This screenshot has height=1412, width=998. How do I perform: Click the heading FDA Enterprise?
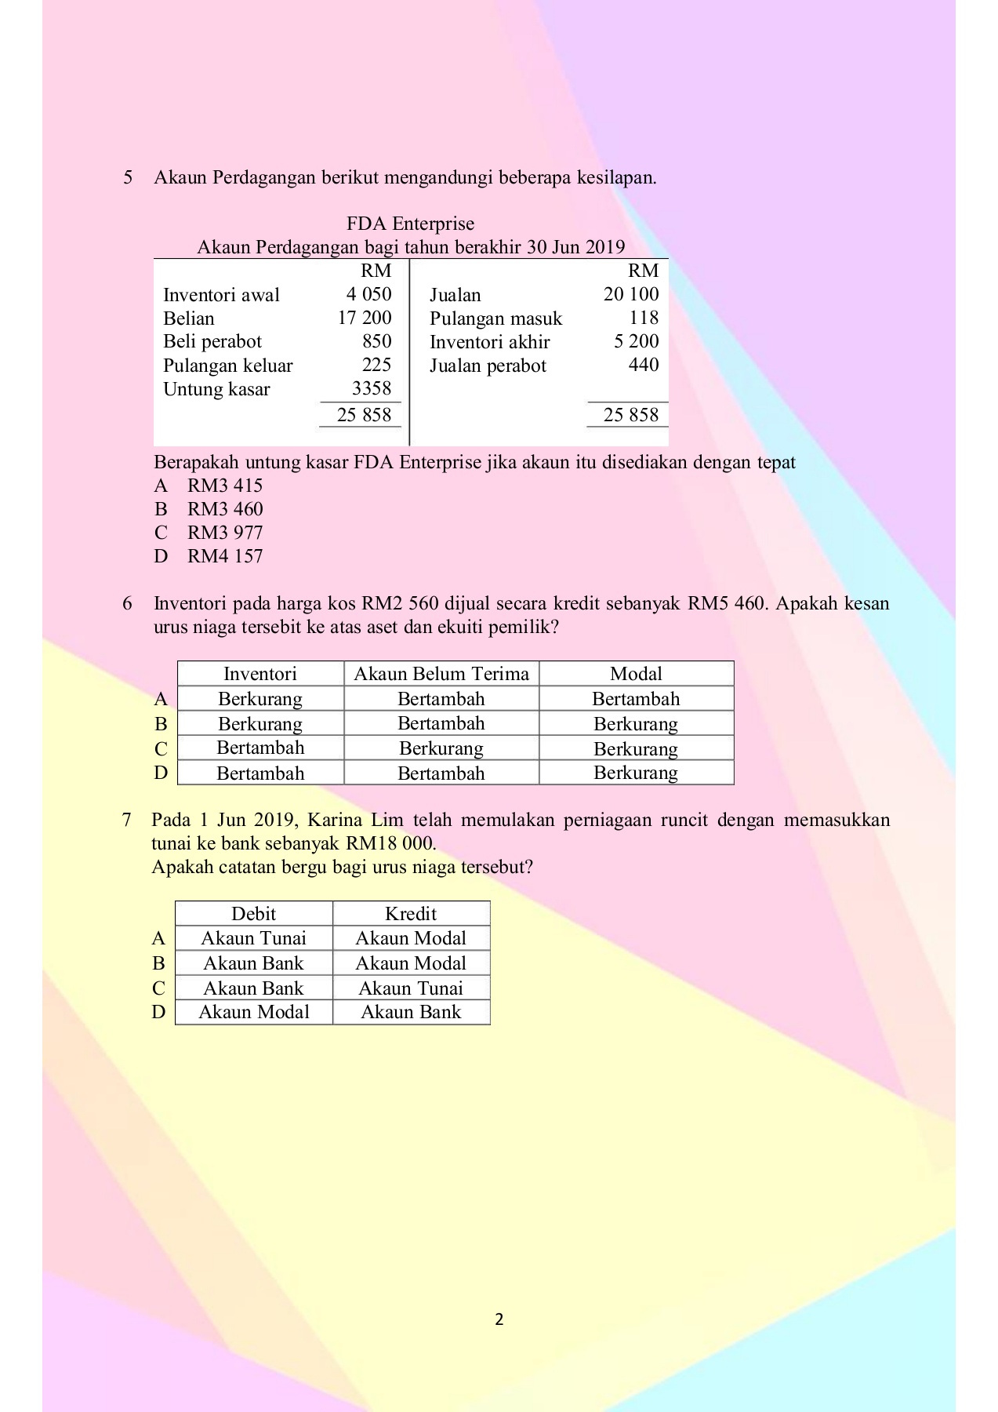click(410, 224)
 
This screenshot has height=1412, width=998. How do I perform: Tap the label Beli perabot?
click(212, 341)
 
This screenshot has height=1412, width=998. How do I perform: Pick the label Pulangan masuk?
click(495, 318)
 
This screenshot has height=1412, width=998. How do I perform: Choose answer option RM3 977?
click(224, 533)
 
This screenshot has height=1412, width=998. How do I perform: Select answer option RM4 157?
click(224, 556)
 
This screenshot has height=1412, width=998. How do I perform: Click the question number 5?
click(128, 177)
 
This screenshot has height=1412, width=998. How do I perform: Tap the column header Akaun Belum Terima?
click(441, 674)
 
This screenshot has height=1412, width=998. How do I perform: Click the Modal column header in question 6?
click(636, 674)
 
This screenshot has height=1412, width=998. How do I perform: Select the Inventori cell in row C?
click(260, 748)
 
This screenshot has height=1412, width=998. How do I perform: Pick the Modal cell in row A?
click(636, 699)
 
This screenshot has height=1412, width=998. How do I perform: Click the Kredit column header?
click(411, 914)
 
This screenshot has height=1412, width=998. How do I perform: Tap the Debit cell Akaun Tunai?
click(253, 938)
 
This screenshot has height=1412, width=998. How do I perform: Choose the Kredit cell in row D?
click(411, 1012)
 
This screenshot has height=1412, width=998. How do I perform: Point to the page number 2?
click(499, 1319)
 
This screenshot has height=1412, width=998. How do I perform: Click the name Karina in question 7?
click(334, 821)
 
